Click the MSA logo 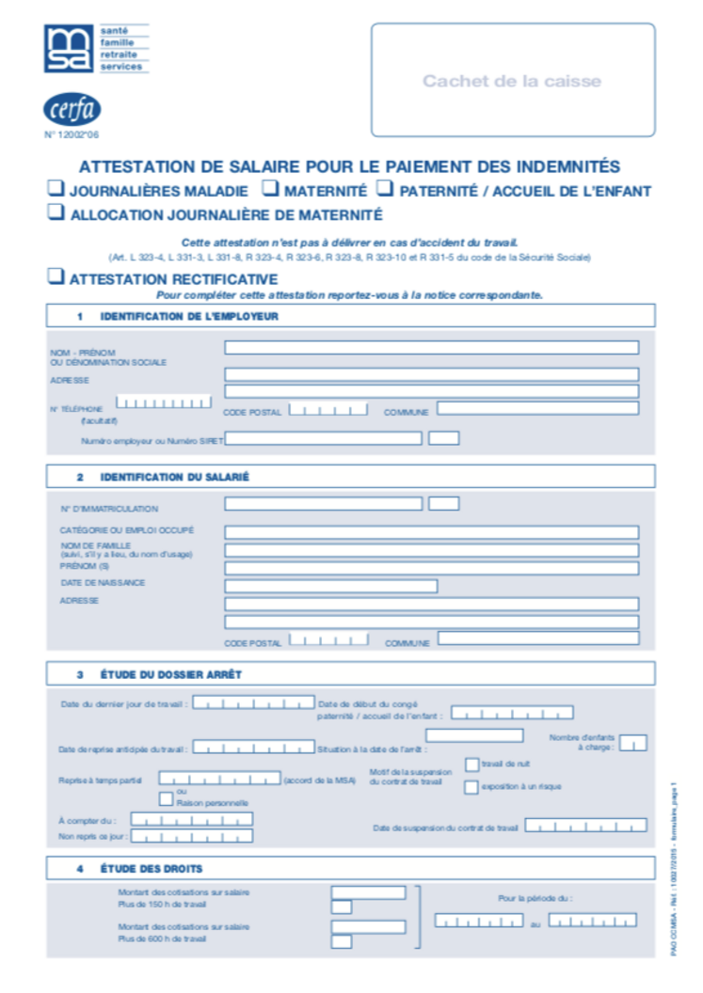pos(70,49)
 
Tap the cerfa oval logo pos(72,110)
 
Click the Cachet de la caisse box pos(512,81)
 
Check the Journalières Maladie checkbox pos(56,189)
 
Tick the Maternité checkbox pos(269,189)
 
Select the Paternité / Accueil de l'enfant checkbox pos(384,189)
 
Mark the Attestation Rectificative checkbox pos(56,277)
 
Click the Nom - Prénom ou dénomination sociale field pos(431,348)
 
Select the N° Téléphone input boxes pos(164,403)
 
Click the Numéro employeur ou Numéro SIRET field pos(323,438)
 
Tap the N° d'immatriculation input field pos(323,503)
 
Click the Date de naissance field pos(330,586)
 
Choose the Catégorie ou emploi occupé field pos(431,532)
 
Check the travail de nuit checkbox pos(471,764)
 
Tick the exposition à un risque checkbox pos(471,787)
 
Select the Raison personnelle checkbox pos(167,799)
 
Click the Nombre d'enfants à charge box pos(633,743)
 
